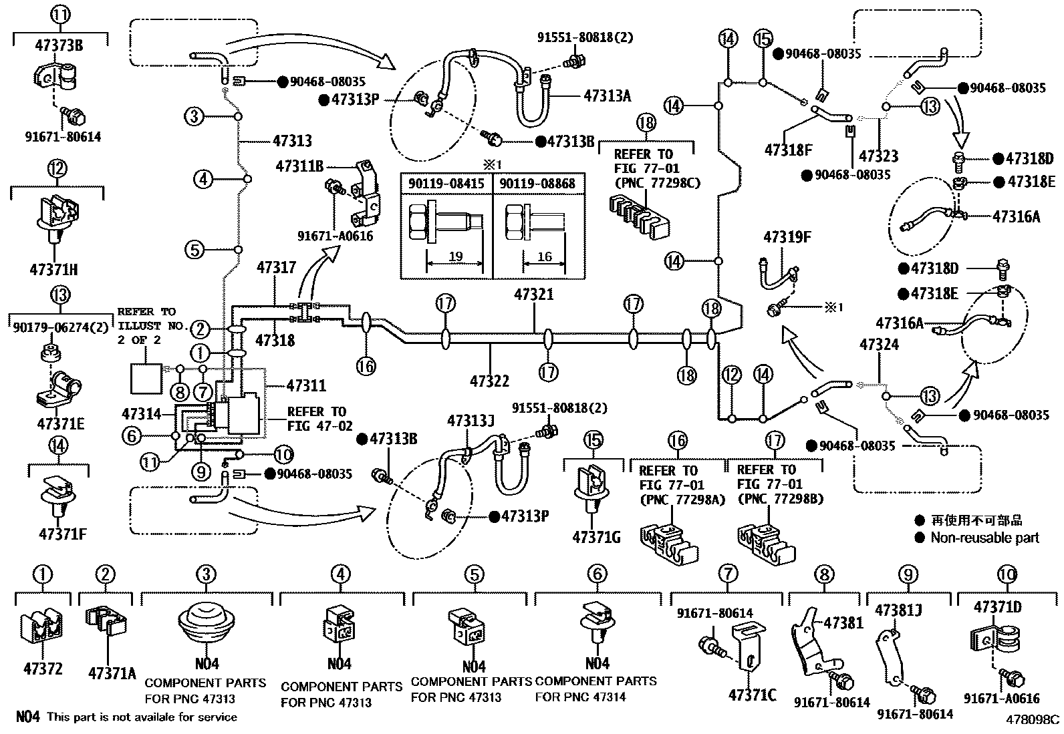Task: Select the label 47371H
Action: click(x=53, y=270)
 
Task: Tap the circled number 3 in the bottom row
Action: click(x=206, y=574)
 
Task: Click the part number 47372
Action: click(x=43, y=668)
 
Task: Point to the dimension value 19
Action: click(x=456, y=257)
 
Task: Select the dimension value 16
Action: click(x=544, y=257)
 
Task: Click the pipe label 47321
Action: click(x=533, y=295)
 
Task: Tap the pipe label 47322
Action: click(x=489, y=381)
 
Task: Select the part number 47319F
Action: click(x=787, y=237)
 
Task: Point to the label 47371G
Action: click(x=597, y=536)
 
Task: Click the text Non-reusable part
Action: click(x=984, y=537)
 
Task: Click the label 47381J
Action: click(x=899, y=608)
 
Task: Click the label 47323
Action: click(x=878, y=156)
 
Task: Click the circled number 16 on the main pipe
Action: click(x=366, y=366)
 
